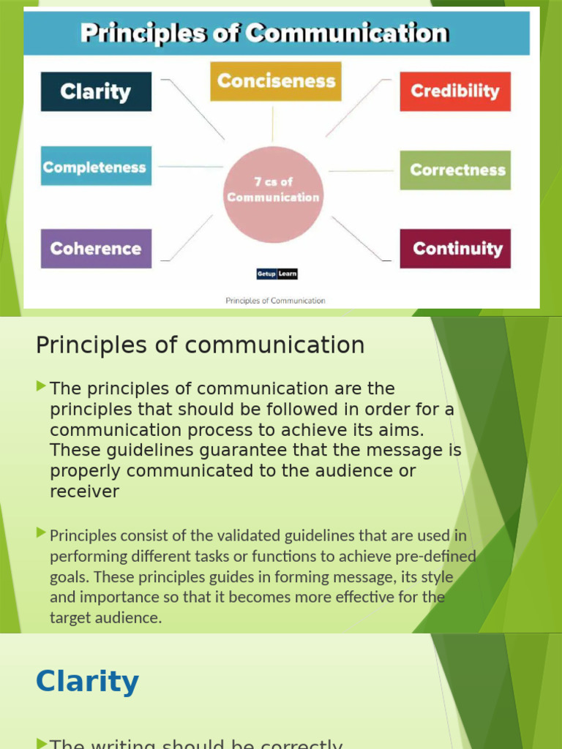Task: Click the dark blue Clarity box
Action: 96,91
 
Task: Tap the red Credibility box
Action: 454,91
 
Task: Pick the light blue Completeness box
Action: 96,167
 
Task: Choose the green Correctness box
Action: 455,170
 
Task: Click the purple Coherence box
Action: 96,249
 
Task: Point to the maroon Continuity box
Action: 455,249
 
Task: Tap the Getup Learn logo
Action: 277,274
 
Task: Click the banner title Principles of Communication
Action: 264,33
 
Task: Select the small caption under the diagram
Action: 275,300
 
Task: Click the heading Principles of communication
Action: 200,345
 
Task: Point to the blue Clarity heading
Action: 87,682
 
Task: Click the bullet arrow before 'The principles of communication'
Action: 41,385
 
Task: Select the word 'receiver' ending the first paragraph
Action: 84,492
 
